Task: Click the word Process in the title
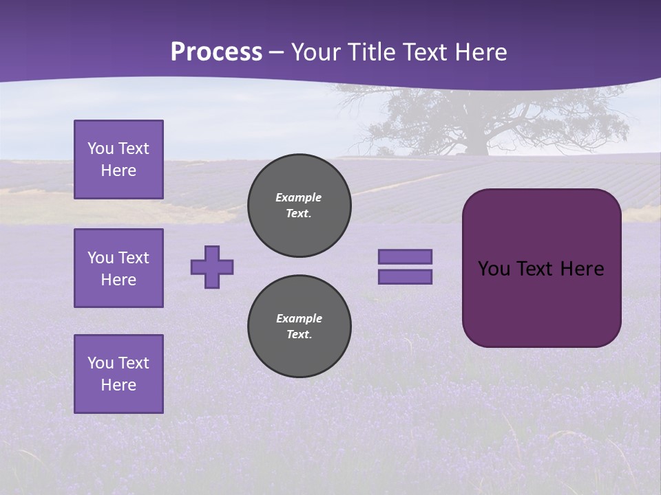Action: [x=216, y=52]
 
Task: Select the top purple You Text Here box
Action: [x=118, y=159]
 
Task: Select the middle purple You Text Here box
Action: [x=118, y=268]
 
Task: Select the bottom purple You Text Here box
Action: [x=118, y=373]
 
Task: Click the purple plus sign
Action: [x=212, y=267]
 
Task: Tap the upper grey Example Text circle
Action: [x=299, y=206]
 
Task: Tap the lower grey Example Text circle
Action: [x=299, y=327]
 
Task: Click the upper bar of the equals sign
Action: [x=405, y=256]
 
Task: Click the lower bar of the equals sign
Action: [x=405, y=276]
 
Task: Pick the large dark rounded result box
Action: [x=541, y=267]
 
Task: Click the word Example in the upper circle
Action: [x=299, y=197]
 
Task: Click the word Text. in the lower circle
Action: [x=299, y=335]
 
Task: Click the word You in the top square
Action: [x=100, y=148]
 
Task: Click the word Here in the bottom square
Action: [x=118, y=385]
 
